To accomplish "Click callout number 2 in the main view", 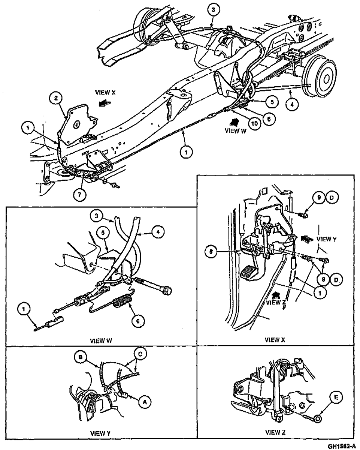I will point(55,98).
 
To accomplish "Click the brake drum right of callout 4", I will point(325,79).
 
